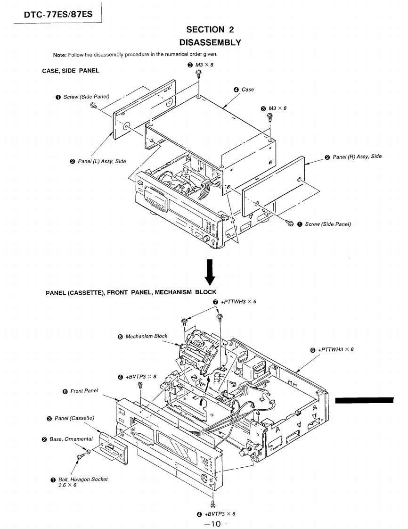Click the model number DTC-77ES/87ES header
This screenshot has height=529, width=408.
click(58, 14)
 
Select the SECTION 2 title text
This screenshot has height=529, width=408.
click(210, 30)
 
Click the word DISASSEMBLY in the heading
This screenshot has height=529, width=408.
click(210, 42)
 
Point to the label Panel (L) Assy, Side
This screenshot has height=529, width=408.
click(102, 161)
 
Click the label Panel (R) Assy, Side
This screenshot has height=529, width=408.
click(357, 157)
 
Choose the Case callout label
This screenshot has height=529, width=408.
click(247, 90)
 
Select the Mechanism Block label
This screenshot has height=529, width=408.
click(147, 336)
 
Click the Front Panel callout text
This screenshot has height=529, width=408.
click(84, 391)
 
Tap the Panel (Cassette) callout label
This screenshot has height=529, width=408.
click(74, 418)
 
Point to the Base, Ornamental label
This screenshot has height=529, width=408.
click(71, 439)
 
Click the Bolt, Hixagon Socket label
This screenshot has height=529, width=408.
click(83, 479)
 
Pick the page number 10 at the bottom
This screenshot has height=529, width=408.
click(216, 524)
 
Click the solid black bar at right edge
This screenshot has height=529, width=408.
click(364, 400)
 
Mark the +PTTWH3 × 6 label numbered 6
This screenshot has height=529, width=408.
click(336, 349)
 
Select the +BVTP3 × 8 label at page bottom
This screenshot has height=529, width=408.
click(220, 514)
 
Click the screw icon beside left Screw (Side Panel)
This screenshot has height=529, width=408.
click(93, 106)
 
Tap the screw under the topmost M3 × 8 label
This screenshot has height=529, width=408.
click(199, 73)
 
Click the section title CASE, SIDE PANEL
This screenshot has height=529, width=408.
click(71, 71)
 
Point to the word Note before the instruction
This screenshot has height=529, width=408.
click(59, 55)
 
